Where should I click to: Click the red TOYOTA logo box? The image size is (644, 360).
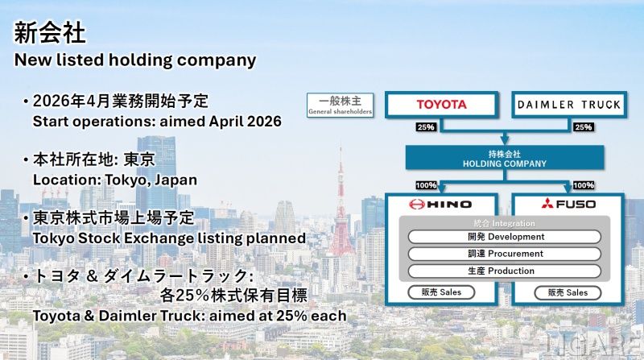tap(441, 105)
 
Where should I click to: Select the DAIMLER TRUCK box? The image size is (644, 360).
tap(569, 105)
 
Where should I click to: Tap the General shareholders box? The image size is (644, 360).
tap(340, 106)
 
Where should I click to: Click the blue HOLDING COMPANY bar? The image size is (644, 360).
tap(505, 158)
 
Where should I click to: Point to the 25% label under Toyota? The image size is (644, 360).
tap(426, 127)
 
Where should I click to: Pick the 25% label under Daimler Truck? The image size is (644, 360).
tap(584, 127)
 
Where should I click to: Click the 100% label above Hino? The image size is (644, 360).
tap(427, 185)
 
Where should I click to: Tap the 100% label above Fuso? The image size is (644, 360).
tap(584, 185)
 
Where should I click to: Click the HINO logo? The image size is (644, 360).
tap(440, 205)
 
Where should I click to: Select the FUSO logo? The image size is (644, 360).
tap(568, 204)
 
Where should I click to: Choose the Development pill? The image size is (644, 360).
tap(505, 237)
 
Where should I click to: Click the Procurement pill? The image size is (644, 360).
tap(505, 254)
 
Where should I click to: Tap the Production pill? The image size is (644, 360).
tap(505, 271)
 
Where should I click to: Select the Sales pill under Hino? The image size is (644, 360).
tap(441, 292)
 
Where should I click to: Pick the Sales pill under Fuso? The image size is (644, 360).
tap(568, 293)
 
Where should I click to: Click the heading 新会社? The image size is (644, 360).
tap(50, 33)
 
